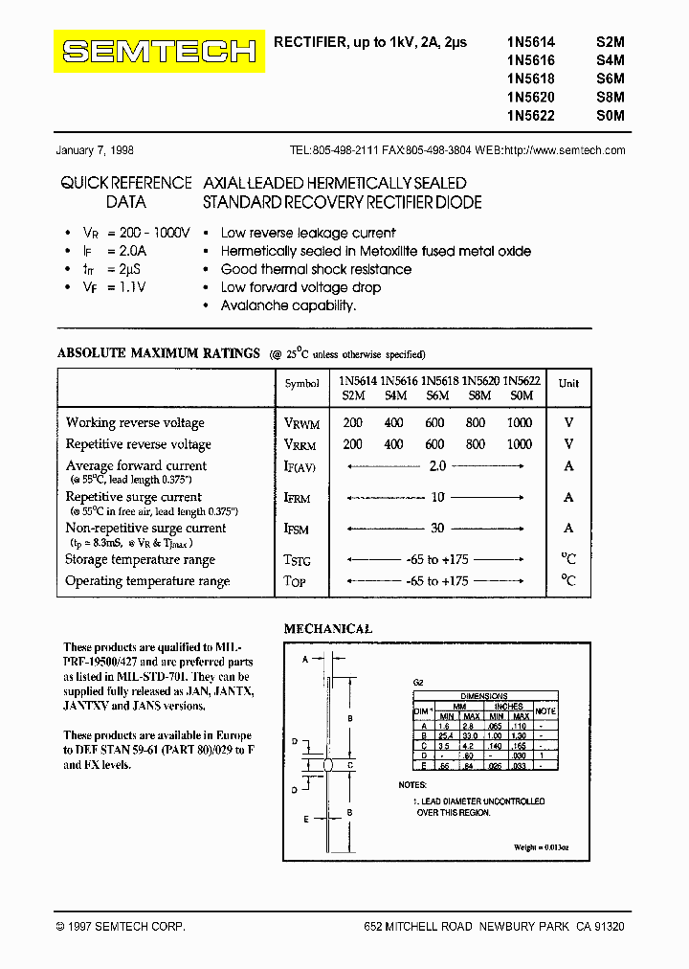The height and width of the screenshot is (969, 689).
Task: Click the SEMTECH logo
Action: click(x=159, y=52)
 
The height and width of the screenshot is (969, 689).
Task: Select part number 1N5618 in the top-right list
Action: click(x=530, y=79)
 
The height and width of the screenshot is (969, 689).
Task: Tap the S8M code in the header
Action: click(x=610, y=97)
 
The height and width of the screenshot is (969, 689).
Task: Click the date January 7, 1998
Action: click(x=95, y=150)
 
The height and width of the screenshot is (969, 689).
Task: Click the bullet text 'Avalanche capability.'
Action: click(x=288, y=305)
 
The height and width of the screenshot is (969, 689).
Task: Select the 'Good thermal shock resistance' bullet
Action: click(x=316, y=269)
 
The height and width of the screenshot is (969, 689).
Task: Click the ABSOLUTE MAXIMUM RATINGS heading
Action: click(x=159, y=353)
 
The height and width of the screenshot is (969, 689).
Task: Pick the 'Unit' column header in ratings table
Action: click(x=568, y=383)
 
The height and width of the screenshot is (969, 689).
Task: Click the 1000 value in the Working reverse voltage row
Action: click(x=520, y=422)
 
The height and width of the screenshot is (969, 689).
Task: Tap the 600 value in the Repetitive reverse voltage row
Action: click(x=435, y=444)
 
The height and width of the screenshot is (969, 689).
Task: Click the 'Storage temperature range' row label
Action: click(x=140, y=559)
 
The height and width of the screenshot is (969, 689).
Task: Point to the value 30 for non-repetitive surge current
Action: click(x=436, y=528)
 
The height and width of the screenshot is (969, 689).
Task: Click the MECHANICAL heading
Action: click(x=328, y=629)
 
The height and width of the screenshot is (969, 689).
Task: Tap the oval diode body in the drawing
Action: click(x=328, y=765)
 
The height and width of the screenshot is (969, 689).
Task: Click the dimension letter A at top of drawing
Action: click(x=305, y=661)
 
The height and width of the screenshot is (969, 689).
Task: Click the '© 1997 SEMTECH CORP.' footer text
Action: click(x=121, y=927)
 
